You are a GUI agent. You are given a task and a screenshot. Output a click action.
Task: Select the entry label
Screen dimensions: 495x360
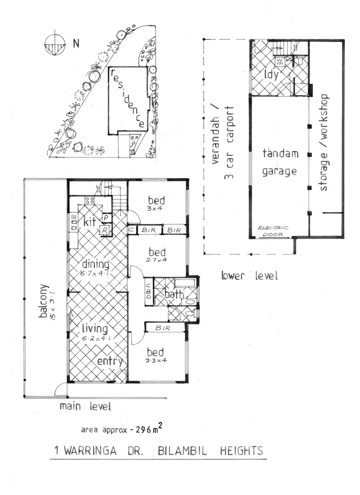[110, 361]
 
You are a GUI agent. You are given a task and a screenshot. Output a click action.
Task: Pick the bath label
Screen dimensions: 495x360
[173, 294]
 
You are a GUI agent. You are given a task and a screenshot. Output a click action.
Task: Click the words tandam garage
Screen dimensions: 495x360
[280, 162]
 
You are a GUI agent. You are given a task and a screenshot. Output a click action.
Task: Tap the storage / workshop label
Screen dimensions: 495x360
[324, 142]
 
